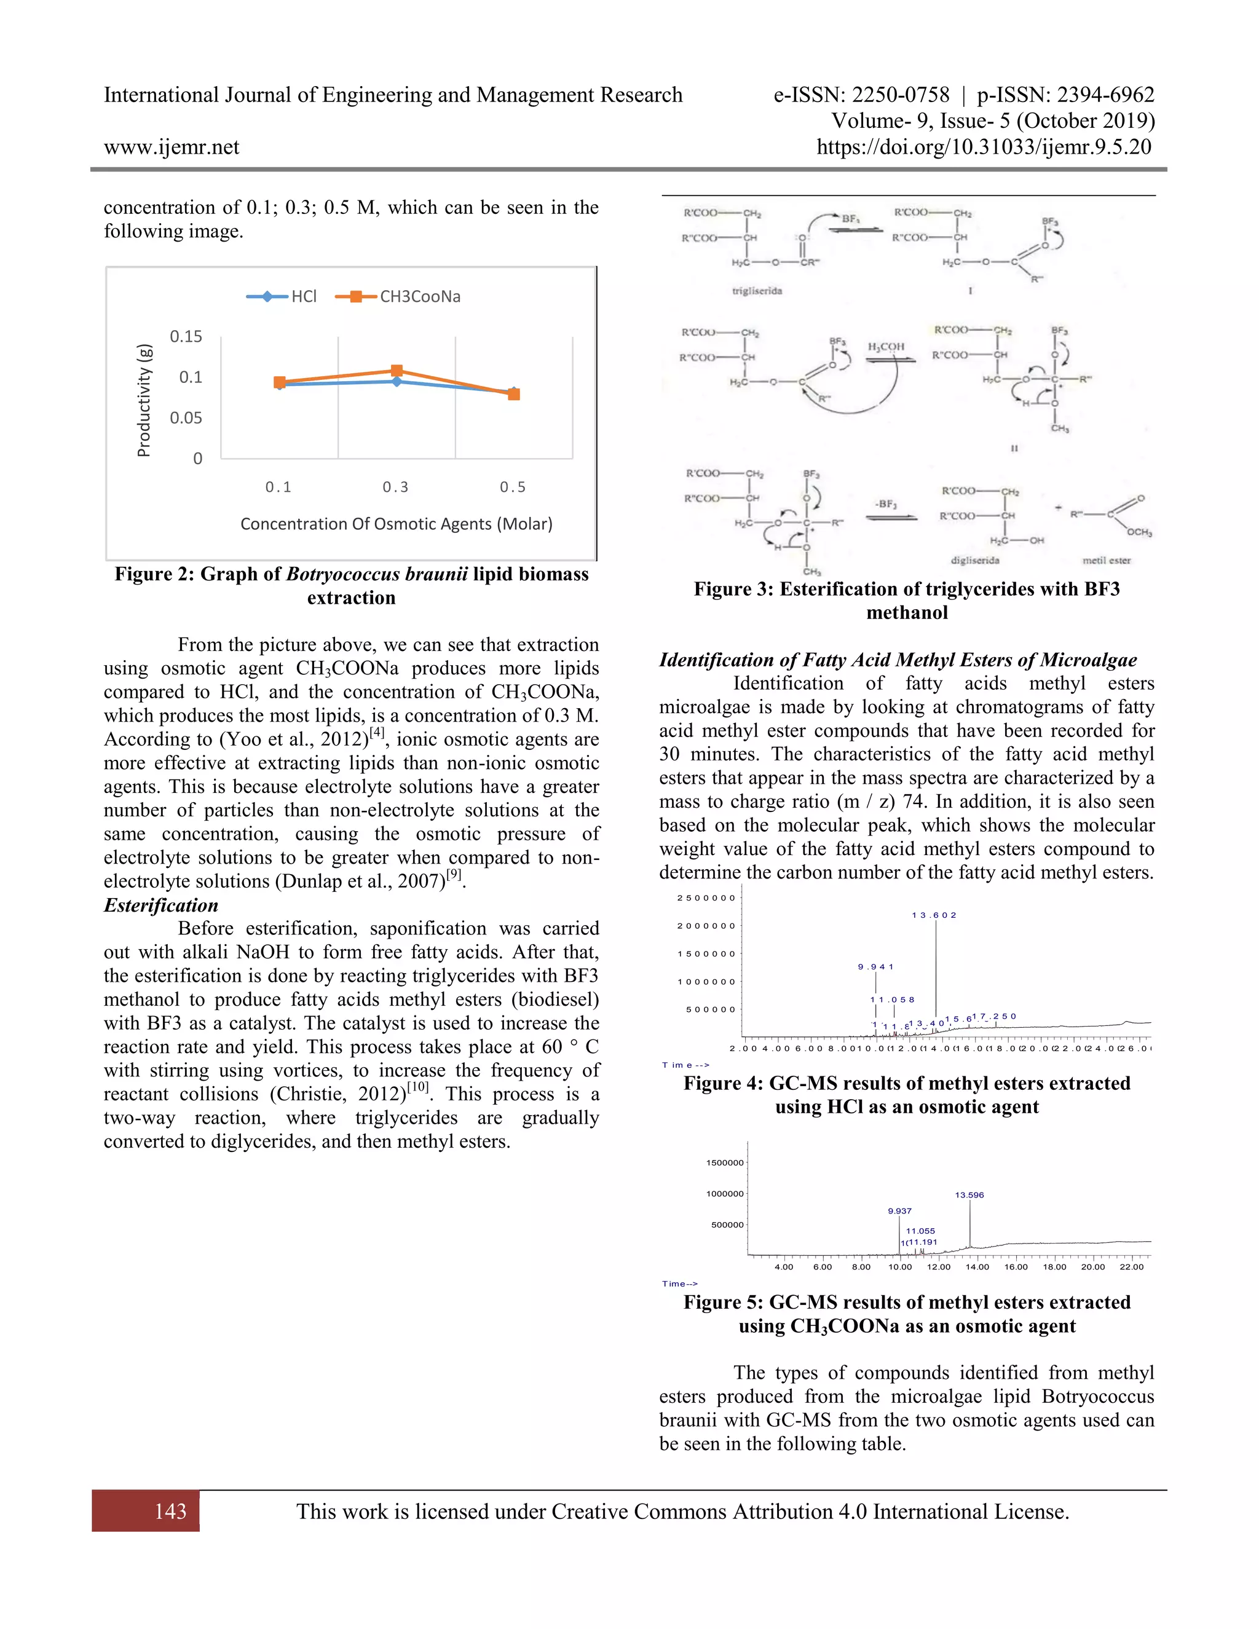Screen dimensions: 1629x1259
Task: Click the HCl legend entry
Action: [304, 296]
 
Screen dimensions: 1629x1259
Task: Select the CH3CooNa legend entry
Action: [419, 296]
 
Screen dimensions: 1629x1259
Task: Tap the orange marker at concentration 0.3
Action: [397, 371]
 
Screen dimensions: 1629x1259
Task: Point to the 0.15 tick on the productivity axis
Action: [186, 336]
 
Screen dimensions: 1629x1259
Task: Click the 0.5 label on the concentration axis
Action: [513, 487]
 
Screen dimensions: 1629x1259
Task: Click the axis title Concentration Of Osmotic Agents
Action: [396, 524]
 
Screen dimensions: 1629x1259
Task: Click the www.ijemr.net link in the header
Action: [172, 147]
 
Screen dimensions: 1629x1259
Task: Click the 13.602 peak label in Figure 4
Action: [934, 915]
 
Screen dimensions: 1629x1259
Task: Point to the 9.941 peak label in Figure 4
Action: [875, 967]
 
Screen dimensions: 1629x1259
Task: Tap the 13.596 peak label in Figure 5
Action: [969, 1195]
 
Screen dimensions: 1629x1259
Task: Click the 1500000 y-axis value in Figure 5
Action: [724, 1163]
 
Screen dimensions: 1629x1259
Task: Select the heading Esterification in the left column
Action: [161, 905]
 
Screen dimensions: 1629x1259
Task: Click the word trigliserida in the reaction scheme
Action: [757, 291]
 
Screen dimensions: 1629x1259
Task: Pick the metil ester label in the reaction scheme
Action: [1106, 560]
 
